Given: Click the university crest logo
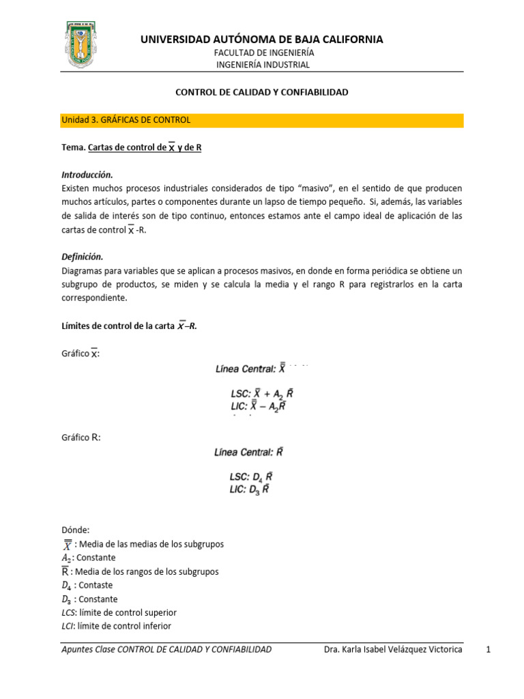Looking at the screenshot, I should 85,44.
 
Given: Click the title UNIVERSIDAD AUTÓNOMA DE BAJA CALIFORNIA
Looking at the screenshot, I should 262,40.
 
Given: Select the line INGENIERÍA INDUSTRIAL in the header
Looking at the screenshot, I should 263,65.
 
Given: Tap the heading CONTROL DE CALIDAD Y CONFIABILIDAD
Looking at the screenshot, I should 262,91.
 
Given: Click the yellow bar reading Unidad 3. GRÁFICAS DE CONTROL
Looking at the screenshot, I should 262,120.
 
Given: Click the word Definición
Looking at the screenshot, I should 82,257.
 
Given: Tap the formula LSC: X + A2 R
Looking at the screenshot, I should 262,394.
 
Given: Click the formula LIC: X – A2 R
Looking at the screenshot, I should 259,406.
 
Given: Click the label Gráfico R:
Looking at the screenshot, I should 81,438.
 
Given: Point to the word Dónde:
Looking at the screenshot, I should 75,530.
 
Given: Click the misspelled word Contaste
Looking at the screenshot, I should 96,585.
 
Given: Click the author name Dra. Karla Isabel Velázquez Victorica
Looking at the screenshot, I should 394,649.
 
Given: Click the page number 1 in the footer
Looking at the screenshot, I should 489,649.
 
